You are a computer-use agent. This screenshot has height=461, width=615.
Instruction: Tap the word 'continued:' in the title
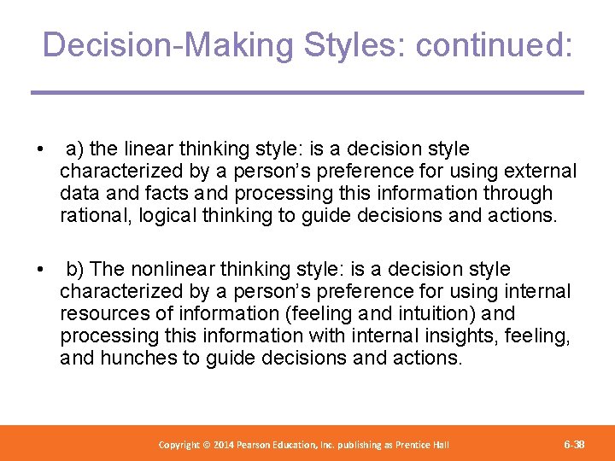tap(494, 44)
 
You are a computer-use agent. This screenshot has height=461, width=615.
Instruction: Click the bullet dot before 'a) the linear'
tap(40, 150)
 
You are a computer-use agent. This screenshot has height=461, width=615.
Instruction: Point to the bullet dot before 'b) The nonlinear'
tap(40, 270)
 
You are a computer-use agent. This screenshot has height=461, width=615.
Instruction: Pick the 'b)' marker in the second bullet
tap(77, 269)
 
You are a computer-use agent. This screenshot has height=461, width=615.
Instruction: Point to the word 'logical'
tap(169, 216)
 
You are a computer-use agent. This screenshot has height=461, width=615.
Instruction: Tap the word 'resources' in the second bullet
tap(102, 313)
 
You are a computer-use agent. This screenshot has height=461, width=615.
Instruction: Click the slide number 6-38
tap(575, 445)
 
